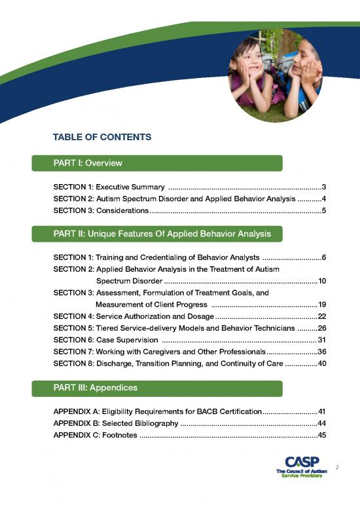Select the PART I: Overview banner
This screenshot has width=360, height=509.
click(157, 162)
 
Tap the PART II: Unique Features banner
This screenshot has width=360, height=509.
click(157, 233)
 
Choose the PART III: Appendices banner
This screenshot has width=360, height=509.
click(157, 388)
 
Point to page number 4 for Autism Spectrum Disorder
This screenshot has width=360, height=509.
click(324, 200)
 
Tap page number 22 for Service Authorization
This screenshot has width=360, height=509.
click(321, 316)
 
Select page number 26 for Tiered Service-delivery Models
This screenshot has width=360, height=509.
click(321, 328)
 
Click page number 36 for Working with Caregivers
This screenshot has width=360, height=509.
click(321, 352)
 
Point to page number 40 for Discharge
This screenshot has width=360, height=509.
click(321, 364)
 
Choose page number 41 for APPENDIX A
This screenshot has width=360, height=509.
click(321, 412)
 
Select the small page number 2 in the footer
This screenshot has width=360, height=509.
click(336, 468)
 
